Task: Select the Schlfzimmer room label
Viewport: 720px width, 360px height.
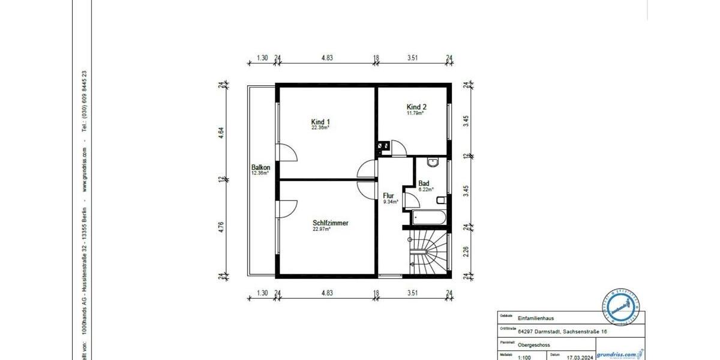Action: [330, 223]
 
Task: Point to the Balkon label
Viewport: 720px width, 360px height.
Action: [260, 167]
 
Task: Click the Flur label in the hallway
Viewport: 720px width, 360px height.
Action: [389, 196]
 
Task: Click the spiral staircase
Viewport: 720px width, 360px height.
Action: [428, 252]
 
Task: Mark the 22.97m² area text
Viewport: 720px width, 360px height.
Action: [321, 229]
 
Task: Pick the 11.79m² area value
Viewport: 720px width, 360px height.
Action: [415, 113]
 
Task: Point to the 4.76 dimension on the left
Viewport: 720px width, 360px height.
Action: [221, 227]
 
